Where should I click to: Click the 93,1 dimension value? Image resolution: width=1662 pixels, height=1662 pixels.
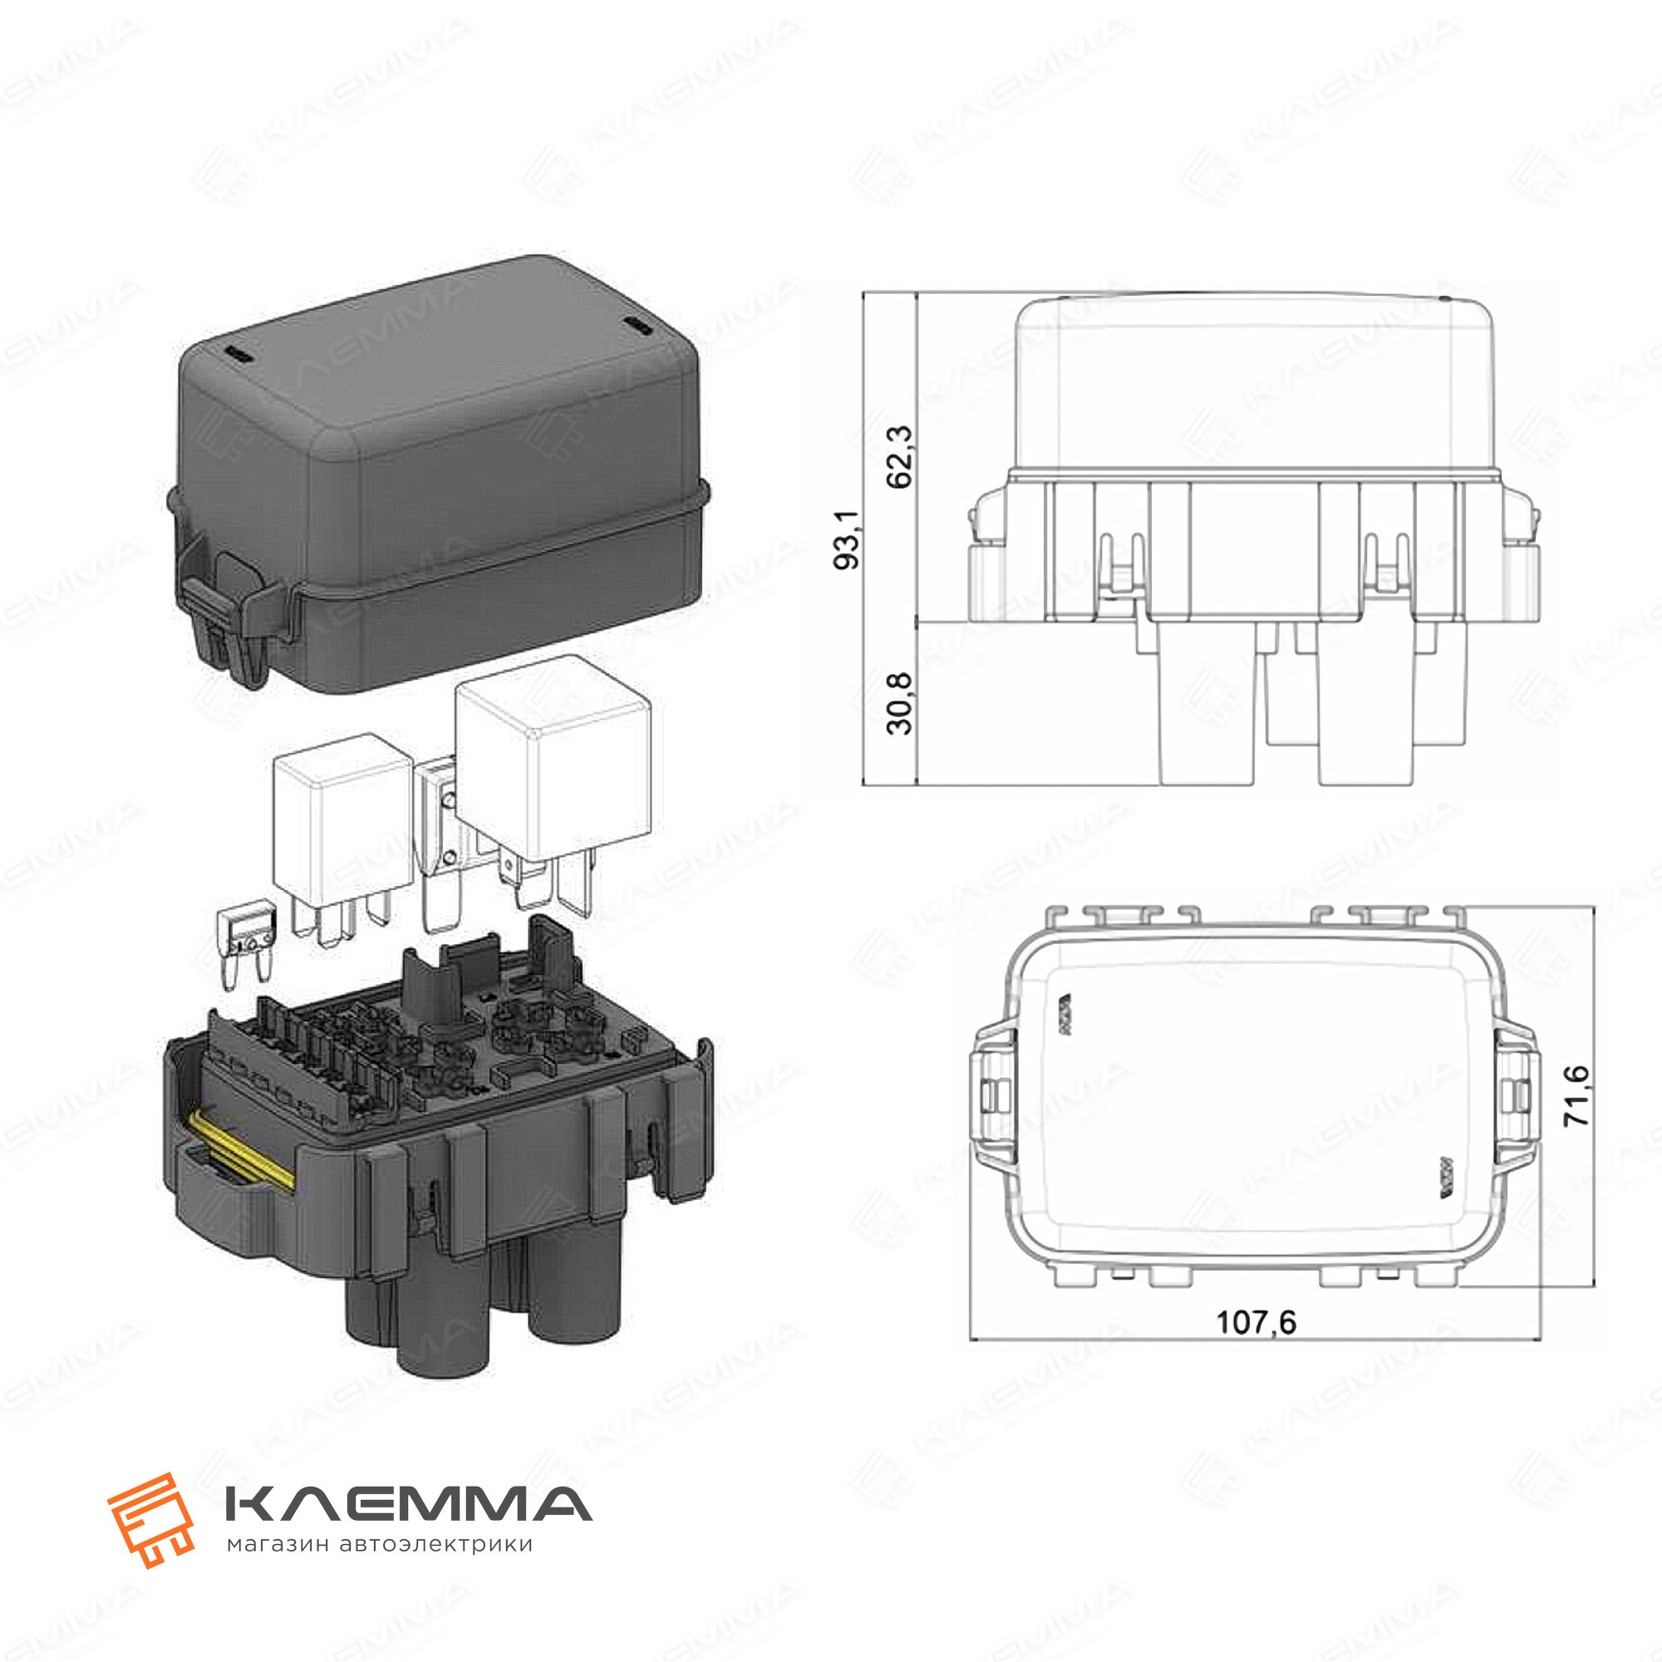tap(848, 538)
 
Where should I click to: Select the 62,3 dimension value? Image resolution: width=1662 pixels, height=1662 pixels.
tap(900, 457)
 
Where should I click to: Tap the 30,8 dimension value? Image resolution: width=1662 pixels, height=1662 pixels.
tap(900, 704)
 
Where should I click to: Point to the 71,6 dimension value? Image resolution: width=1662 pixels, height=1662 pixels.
tap(1578, 1096)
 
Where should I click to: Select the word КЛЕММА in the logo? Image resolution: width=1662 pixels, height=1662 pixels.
tap(408, 1505)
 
